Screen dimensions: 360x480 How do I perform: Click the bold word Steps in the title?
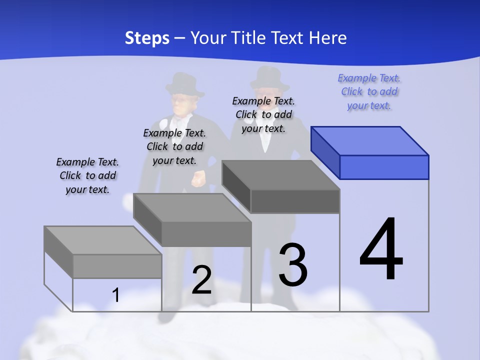147,38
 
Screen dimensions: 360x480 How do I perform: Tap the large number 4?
381,249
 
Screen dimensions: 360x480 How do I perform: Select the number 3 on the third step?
293,264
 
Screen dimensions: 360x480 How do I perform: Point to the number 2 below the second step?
202,280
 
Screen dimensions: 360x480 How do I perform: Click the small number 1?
116,295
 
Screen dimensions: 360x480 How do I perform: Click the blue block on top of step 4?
370,152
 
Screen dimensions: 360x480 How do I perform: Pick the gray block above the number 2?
192,220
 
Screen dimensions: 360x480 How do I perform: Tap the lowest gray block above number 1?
103,252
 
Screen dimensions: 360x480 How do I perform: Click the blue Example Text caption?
369,92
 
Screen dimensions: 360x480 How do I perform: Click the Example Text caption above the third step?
263,114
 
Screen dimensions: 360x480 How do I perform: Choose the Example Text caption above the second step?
174,146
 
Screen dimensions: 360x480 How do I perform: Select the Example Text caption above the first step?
87,175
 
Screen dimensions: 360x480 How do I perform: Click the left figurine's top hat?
184,84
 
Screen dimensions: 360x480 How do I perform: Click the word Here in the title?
327,38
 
